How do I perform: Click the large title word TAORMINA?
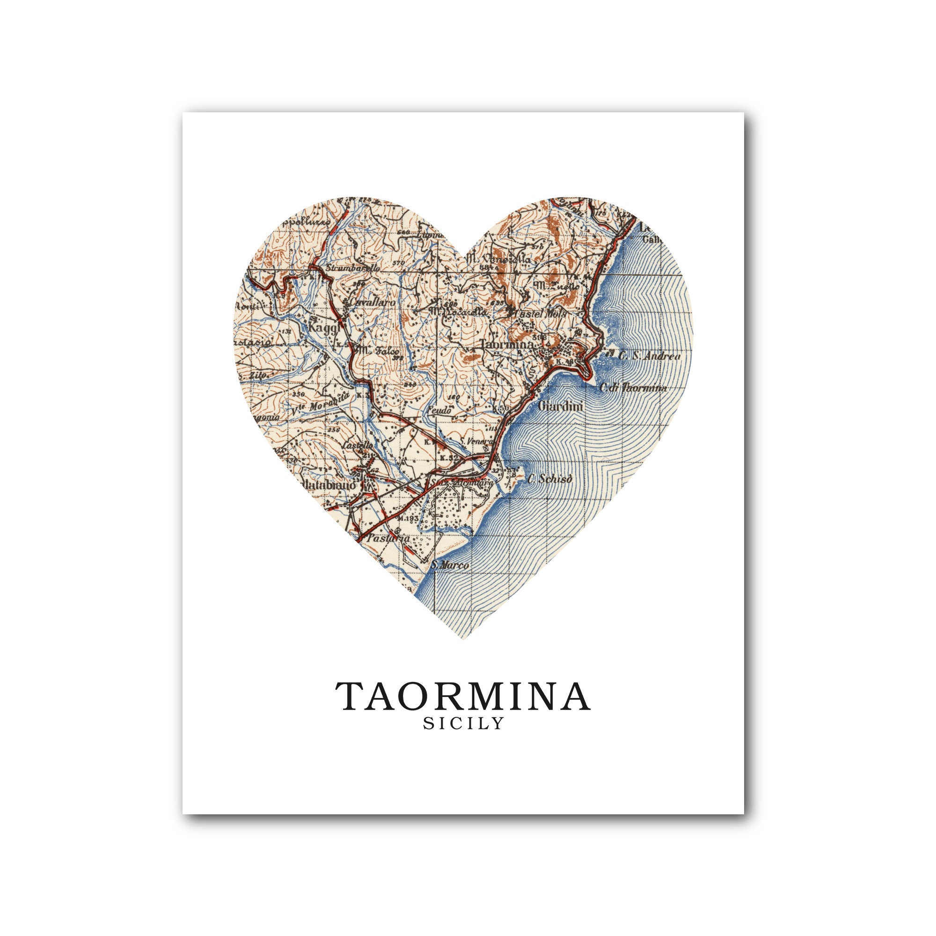point(463,696)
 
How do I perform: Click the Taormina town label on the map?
point(508,344)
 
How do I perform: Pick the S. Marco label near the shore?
point(450,565)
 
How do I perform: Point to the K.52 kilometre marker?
point(449,457)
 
